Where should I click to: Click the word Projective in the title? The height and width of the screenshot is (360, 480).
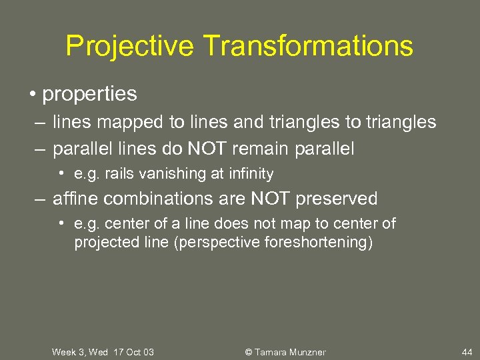tap(130, 47)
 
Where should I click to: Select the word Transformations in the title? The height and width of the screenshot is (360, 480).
tap(308, 47)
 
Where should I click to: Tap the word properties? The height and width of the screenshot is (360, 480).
tap(89, 95)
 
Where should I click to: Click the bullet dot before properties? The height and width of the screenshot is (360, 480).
tap(32, 94)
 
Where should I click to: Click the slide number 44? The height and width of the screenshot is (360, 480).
tap(467, 351)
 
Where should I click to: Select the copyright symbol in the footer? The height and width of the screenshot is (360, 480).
tap(249, 351)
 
